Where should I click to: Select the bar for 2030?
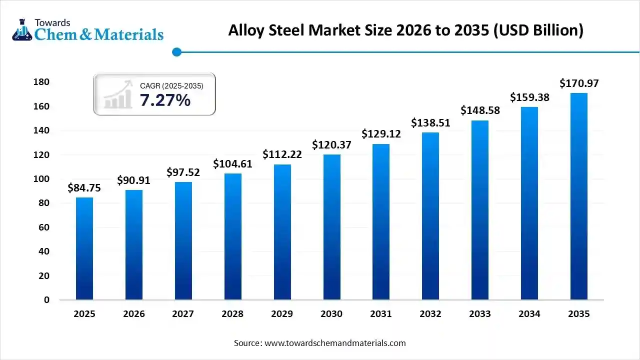pos(331,230)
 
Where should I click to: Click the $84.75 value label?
pos(84,188)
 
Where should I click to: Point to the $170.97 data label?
pos(579,83)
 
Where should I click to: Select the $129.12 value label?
pos(381,134)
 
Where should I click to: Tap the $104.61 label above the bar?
pos(233,163)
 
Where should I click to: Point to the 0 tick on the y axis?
pos(46,300)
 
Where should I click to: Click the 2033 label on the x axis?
pos(480,314)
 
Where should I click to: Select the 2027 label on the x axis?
pos(183,314)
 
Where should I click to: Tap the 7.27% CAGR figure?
pos(165,100)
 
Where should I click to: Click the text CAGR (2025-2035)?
pos(171,86)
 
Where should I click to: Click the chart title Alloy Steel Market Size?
pos(405,30)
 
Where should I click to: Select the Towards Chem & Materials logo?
pos(87,30)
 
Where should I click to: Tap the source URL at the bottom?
pos(319,343)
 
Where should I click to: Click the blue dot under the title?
pos(176,52)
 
